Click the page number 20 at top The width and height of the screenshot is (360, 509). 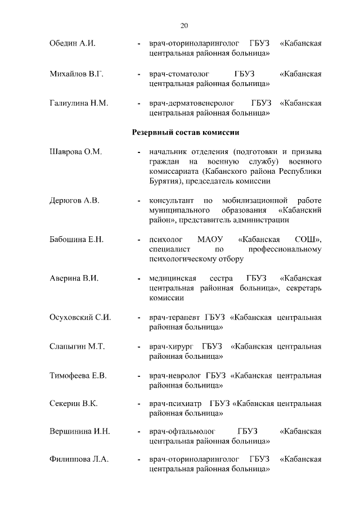point(184,25)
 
